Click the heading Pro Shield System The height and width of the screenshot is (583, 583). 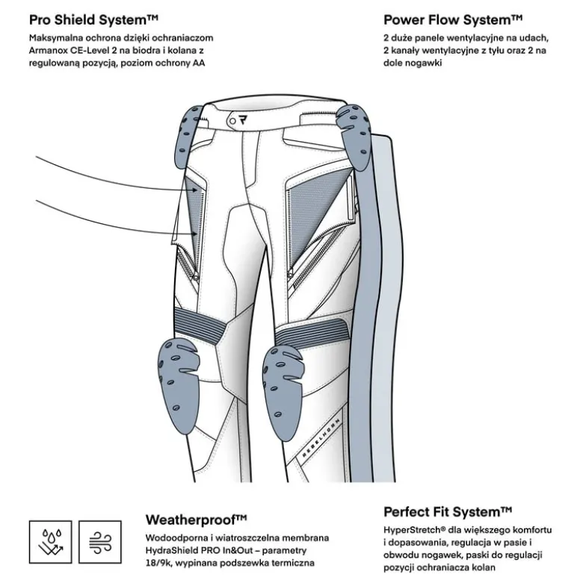tap(94, 19)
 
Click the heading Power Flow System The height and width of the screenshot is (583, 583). tap(453, 19)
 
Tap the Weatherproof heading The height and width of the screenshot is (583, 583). tap(196, 520)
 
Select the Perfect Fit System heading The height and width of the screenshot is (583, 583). tap(448, 512)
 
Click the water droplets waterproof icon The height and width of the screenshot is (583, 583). tap(51, 542)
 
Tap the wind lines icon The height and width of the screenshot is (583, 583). tap(100, 542)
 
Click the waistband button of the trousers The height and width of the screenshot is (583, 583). tap(232, 121)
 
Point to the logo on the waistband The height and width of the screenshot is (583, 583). tap(244, 120)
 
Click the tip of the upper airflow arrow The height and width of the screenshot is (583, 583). tap(198, 190)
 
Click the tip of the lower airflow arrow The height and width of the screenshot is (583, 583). tap(197, 234)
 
